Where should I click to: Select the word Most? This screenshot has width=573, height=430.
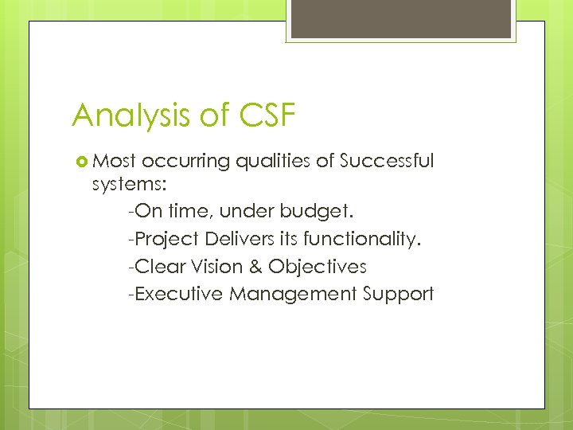click(x=117, y=162)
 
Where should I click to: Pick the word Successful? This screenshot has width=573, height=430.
click(x=387, y=162)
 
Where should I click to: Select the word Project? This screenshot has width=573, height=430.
click(x=167, y=239)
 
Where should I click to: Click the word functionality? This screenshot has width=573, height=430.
click(x=358, y=239)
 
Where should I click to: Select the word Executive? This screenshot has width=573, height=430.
click(x=178, y=294)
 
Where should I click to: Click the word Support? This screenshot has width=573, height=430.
click(x=398, y=294)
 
